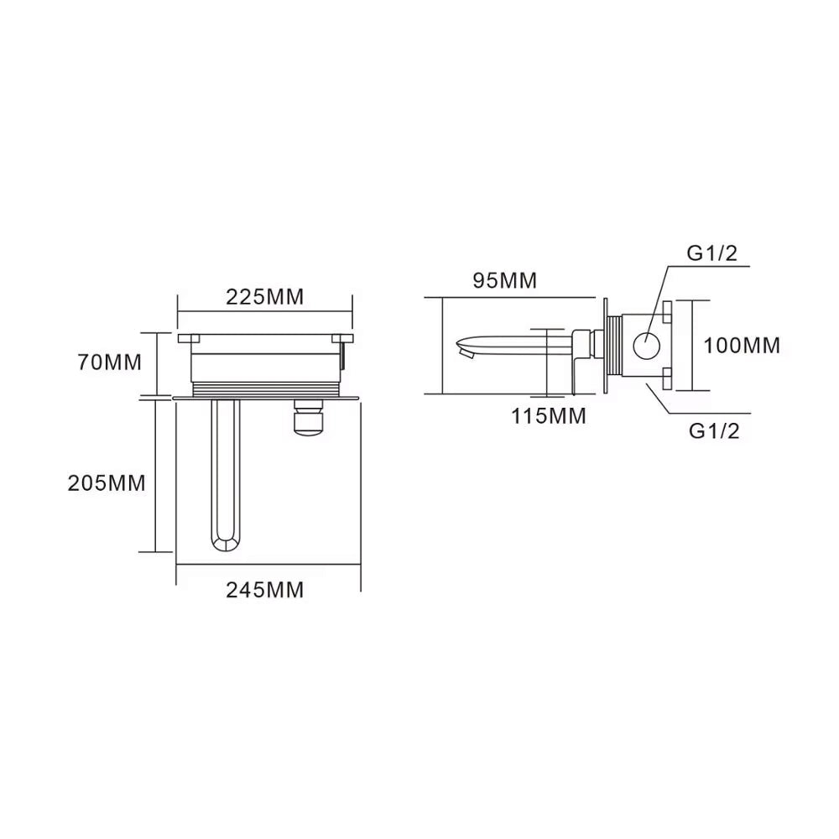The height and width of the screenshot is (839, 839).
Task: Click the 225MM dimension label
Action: click(x=264, y=296)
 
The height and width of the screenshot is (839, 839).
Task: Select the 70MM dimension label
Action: click(x=110, y=362)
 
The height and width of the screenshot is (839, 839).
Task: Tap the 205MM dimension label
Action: click(x=107, y=483)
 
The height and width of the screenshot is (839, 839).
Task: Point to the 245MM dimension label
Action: click(x=264, y=590)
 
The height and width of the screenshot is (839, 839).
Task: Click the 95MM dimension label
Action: click(x=504, y=280)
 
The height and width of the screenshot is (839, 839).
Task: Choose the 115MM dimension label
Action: click(x=549, y=416)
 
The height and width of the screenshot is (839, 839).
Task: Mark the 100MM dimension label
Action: click(x=742, y=346)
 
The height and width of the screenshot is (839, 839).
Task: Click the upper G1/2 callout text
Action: click(x=712, y=253)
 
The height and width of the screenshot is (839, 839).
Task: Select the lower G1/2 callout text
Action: click(x=714, y=430)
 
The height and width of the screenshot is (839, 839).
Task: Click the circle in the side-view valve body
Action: click(x=646, y=345)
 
